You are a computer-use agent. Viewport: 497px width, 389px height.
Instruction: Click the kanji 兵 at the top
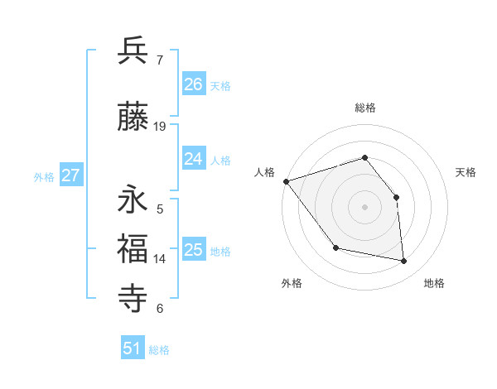[x=133, y=50]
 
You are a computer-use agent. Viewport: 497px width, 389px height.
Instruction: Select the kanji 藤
[x=133, y=117]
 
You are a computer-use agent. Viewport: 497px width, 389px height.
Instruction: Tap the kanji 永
[x=133, y=200]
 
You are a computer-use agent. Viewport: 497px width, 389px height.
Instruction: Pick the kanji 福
[x=133, y=249]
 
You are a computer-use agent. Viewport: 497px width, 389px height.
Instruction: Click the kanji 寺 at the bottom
[x=133, y=297]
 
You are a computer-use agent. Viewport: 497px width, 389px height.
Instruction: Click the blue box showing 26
[x=194, y=84]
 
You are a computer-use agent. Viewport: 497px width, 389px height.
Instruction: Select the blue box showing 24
[x=194, y=159]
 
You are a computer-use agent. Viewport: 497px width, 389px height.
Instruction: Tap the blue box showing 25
[x=194, y=250]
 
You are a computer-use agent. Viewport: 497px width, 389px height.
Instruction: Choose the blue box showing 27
[x=71, y=175]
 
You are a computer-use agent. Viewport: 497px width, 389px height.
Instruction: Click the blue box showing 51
[x=133, y=348]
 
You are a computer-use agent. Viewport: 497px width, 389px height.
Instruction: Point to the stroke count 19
[x=161, y=127]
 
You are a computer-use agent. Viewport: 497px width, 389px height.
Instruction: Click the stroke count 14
[x=161, y=259]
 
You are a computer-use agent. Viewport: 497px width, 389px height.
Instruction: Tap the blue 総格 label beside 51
[x=159, y=350]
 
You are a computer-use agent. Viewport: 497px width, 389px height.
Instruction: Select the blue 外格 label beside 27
[x=44, y=176]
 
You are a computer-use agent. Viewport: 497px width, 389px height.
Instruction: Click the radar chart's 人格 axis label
[x=265, y=172]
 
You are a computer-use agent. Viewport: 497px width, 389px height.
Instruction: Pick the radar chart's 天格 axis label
[x=466, y=172]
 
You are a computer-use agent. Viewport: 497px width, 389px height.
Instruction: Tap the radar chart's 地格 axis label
[x=434, y=283]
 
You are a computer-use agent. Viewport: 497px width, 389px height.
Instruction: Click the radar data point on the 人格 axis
[x=286, y=181]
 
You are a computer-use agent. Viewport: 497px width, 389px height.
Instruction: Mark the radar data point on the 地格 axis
[x=404, y=262]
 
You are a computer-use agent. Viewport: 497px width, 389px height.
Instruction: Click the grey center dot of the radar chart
[x=364, y=206]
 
